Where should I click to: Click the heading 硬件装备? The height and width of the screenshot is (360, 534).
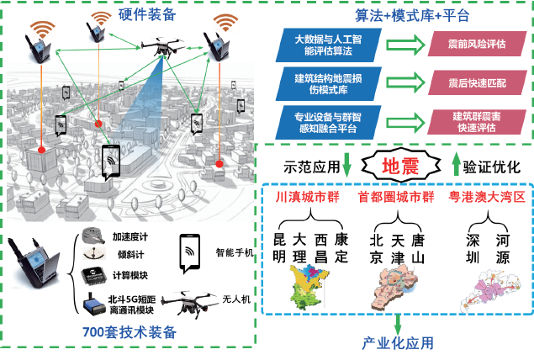(x=148, y=14)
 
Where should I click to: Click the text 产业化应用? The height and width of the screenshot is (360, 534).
(x=398, y=343)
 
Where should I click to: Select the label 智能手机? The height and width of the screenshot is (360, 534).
(x=231, y=251)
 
